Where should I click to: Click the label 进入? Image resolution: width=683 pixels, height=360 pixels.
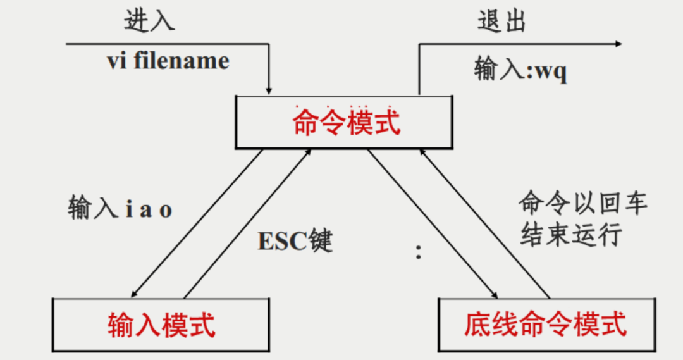pos(149,21)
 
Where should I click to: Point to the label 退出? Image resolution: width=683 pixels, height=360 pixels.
pos(501,21)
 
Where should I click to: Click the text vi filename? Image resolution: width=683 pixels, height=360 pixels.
pos(168,61)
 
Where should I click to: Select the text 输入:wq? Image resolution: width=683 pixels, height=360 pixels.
pos(520,69)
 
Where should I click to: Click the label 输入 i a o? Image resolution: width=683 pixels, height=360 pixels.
pos(120,207)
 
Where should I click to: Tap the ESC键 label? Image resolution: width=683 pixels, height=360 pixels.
pos(295,240)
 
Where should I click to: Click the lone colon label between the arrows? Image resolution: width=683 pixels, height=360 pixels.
pos(419,252)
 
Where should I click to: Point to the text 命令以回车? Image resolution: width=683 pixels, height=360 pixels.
pos(583,202)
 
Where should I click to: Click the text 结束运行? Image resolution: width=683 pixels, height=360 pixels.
pos(571,235)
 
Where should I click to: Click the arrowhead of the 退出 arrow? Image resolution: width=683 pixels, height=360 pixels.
pos(618,44)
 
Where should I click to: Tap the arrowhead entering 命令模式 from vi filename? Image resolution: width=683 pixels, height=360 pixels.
pos(269,90)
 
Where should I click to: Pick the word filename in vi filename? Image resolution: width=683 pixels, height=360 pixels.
pos(182,61)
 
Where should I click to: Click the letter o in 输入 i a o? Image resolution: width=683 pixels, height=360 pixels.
pos(166,211)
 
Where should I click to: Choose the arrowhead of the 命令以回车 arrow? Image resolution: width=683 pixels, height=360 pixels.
pos(422,153)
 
